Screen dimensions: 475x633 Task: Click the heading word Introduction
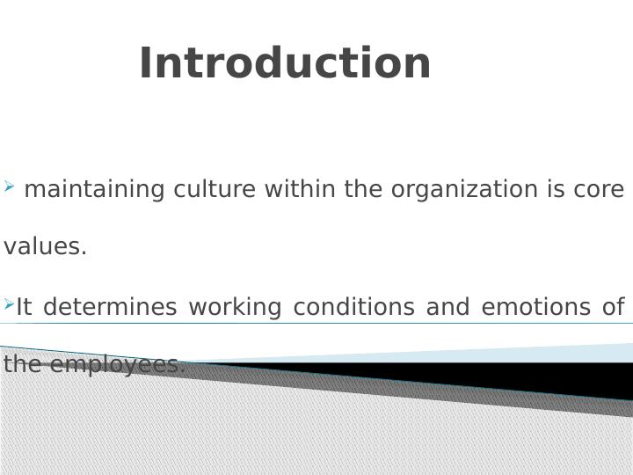pyautogui.click(x=285, y=64)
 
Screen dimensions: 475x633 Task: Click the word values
pyautogui.click(x=45, y=247)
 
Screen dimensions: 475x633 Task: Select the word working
pyautogui.click(x=235, y=308)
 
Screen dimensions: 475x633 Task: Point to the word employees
pyautogui.click(x=119, y=365)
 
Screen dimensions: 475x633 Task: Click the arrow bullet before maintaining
pyautogui.click(x=9, y=186)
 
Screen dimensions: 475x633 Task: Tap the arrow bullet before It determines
pyautogui.click(x=9, y=304)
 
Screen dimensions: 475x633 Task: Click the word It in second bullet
pyautogui.click(x=24, y=307)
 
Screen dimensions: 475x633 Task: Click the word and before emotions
pyautogui.click(x=447, y=307)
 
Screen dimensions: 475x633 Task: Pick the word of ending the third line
pyautogui.click(x=613, y=307)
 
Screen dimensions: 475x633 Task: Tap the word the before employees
pyautogui.click(x=24, y=365)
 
